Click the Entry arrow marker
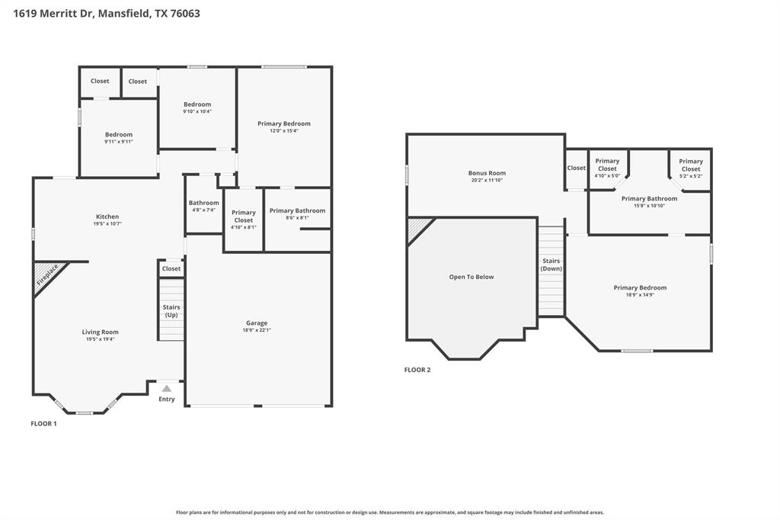pyautogui.click(x=166, y=389)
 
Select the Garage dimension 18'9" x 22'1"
pyautogui.click(x=257, y=330)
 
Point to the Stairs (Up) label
pyautogui.click(x=171, y=311)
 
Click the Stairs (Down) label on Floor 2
pyautogui.click(x=551, y=265)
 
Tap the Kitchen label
pyautogui.click(x=107, y=217)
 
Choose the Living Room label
pyautogui.click(x=101, y=332)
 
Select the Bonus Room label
pyautogui.click(x=487, y=173)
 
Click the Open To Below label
pyautogui.click(x=472, y=277)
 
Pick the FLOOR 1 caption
pyautogui.click(x=43, y=423)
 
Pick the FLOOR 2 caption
pyautogui.click(x=417, y=370)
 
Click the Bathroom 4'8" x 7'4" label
pyautogui.click(x=203, y=203)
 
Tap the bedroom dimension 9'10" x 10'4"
pyautogui.click(x=197, y=111)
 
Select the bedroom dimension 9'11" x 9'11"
pyautogui.click(x=119, y=142)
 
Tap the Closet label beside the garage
pyautogui.click(x=171, y=268)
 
